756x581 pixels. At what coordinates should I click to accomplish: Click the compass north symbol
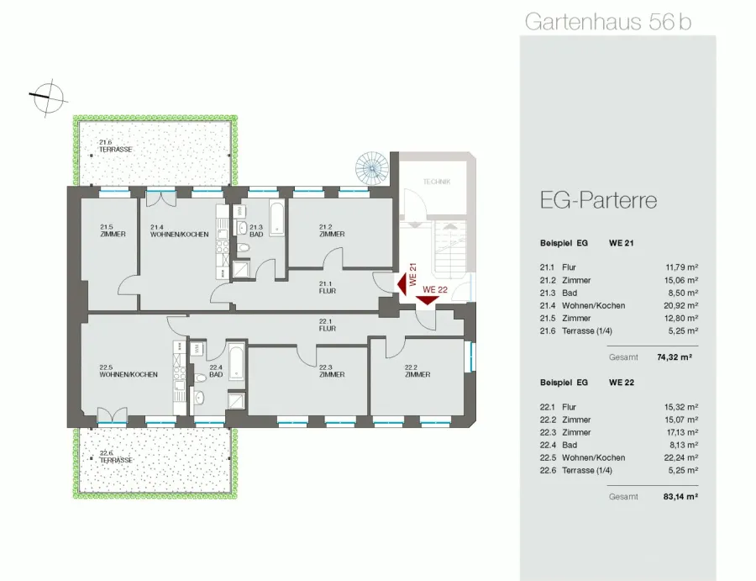click(47, 98)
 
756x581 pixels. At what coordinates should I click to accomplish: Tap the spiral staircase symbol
click(372, 168)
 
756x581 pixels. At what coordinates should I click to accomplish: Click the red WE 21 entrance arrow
click(402, 283)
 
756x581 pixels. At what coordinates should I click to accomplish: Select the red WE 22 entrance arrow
click(428, 300)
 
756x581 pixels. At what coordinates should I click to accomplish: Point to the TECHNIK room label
click(437, 182)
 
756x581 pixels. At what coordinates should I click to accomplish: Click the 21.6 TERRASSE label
click(115, 145)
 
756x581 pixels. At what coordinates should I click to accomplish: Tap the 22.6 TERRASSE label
click(116, 457)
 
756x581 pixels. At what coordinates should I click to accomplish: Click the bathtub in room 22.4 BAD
click(236, 362)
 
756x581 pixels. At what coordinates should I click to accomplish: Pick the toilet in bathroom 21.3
click(243, 248)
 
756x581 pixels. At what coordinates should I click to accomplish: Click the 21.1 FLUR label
click(328, 287)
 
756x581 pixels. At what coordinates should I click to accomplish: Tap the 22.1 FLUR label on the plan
click(328, 325)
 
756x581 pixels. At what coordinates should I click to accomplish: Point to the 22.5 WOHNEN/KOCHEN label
click(129, 371)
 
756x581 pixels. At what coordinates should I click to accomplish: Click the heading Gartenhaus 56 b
click(608, 22)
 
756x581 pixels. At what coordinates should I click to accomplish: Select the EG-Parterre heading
click(598, 200)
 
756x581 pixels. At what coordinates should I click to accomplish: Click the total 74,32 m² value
click(675, 357)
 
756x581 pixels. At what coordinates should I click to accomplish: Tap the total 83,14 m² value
click(680, 497)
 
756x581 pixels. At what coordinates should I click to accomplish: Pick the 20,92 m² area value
click(680, 305)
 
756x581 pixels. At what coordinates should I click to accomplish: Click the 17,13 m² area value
click(680, 432)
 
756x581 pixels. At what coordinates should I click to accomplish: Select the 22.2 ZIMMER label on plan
click(417, 371)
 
